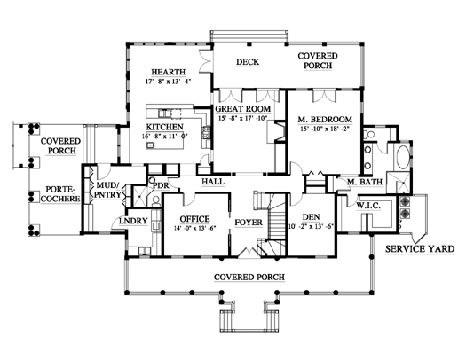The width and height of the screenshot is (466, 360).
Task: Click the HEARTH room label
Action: [x=169, y=72]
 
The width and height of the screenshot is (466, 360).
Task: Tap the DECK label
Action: [x=248, y=62]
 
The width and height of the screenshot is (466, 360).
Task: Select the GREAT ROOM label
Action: [x=243, y=109]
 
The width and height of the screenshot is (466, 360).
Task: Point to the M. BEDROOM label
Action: [x=325, y=120]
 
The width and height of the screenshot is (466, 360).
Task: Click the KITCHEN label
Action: [x=164, y=127]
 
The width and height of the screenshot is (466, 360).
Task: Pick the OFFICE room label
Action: [x=194, y=219]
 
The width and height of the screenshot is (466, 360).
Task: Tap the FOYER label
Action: [x=249, y=223]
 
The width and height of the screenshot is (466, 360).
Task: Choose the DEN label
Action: [x=312, y=217]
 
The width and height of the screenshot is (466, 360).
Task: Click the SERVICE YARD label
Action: [x=420, y=248]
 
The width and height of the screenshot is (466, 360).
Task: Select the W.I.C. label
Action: [x=368, y=206]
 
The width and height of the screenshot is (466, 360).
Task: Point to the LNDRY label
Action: [x=133, y=221]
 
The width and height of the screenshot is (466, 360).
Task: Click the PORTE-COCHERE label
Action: [x=60, y=194]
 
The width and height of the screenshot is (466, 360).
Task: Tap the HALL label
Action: [x=213, y=182]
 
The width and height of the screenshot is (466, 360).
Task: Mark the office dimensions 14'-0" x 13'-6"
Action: [x=194, y=228]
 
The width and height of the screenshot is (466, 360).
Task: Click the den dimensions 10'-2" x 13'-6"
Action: [x=312, y=226]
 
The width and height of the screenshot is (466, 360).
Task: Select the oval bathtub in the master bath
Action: [x=404, y=157]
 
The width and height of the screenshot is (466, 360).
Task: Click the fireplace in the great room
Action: [x=280, y=131]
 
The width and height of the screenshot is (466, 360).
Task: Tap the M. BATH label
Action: [x=365, y=182]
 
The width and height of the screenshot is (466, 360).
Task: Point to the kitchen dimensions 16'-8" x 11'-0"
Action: [x=164, y=137]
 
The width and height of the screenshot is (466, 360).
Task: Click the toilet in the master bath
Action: [x=369, y=134]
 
